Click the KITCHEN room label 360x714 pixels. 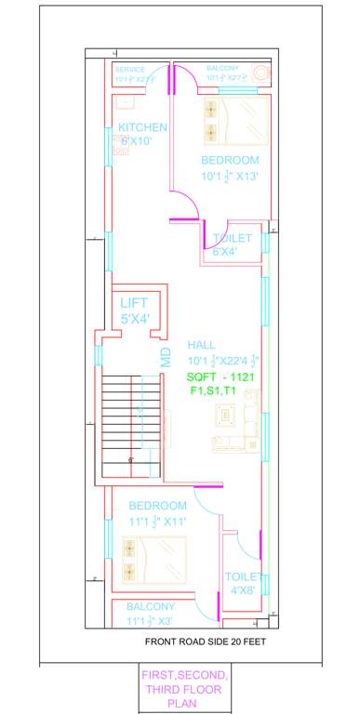tap(142, 127)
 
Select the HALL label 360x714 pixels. tap(202, 345)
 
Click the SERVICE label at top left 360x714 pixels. tap(131, 69)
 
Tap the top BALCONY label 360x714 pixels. tap(222, 69)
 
